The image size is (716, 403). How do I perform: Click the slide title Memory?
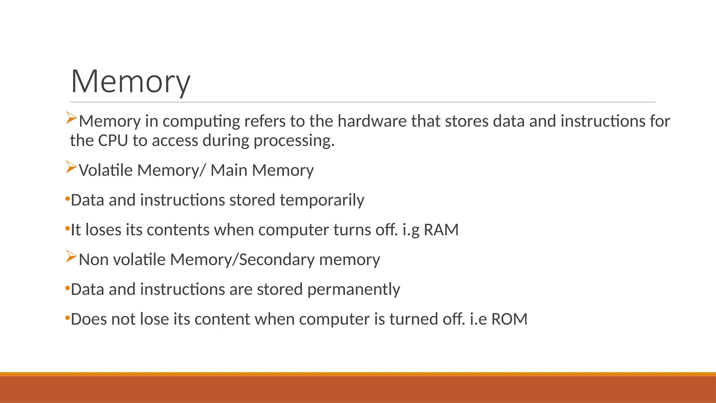point(130,82)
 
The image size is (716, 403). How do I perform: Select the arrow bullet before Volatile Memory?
point(71,168)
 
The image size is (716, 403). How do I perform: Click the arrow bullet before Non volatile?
point(71,257)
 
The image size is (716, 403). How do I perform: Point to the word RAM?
point(441,230)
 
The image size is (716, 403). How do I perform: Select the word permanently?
point(353,290)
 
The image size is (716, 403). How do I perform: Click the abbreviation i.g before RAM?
point(411,230)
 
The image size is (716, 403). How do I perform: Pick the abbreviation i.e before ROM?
point(478,319)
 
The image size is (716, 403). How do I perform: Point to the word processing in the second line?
point(294,141)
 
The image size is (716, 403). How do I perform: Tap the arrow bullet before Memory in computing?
point(71,118)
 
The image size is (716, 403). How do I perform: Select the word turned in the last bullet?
point(413,319)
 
